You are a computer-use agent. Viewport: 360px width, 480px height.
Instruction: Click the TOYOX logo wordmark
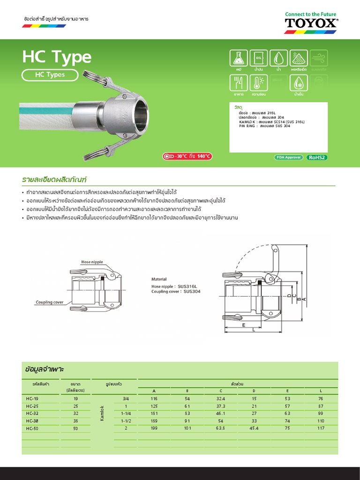311,23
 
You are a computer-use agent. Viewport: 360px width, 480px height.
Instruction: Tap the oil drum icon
258,58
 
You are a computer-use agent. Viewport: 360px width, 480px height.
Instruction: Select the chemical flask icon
239,58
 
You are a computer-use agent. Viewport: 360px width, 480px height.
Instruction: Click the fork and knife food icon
239,83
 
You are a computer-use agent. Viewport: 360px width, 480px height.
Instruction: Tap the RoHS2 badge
317,157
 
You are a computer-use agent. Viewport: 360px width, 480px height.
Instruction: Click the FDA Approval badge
288,157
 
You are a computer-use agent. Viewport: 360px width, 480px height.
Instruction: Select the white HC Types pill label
50,75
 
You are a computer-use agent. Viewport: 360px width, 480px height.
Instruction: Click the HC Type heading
57,57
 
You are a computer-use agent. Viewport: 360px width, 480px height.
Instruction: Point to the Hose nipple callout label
92,262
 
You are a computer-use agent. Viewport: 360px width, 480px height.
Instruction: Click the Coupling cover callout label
50,302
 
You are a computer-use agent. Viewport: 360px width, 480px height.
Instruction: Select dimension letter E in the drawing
244,324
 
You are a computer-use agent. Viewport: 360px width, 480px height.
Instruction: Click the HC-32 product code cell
33,414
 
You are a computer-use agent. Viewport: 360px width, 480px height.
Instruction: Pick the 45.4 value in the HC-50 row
254,428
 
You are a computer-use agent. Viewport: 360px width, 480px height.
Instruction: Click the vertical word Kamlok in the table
102,413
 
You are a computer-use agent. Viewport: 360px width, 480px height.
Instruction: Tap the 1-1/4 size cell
125,414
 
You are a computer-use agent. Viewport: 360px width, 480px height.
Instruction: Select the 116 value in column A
154,398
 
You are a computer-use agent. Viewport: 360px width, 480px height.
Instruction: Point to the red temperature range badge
187,157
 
